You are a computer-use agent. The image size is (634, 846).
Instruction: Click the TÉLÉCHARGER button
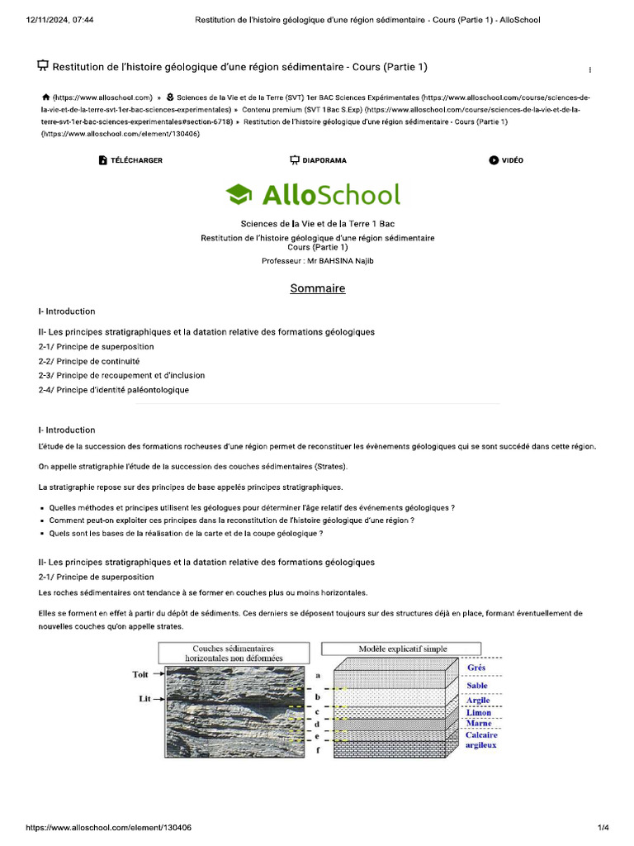click(130, 160)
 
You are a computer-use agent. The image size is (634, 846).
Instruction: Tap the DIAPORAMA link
click(318, 160)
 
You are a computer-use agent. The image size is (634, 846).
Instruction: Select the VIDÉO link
click(506, 160)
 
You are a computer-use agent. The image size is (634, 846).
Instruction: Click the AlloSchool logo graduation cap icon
click(239, 195)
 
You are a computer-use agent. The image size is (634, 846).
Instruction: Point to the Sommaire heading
click(317, 288)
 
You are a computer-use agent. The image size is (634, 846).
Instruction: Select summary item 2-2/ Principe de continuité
click(88, 361)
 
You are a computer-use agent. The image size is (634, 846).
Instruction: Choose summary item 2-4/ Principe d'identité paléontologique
click(113, 389)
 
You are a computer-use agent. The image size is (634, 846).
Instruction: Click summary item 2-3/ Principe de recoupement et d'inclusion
click(121, 375)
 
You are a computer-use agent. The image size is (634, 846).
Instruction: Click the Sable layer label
click(477, 686)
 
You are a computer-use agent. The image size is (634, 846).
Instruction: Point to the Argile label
click(478, 701)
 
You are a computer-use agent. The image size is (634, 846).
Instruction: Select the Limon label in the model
click(478, 713)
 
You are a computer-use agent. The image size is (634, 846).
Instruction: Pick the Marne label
click(479, 724)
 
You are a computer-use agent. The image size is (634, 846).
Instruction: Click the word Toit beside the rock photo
click(141, 674)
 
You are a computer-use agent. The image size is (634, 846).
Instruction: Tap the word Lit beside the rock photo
click(144, 699)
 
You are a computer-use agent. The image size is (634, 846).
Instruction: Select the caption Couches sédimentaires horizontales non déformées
click(234, 654)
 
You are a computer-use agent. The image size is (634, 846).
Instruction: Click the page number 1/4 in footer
click(603, 827)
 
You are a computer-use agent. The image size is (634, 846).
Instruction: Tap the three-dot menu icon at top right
click(589, 69)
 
